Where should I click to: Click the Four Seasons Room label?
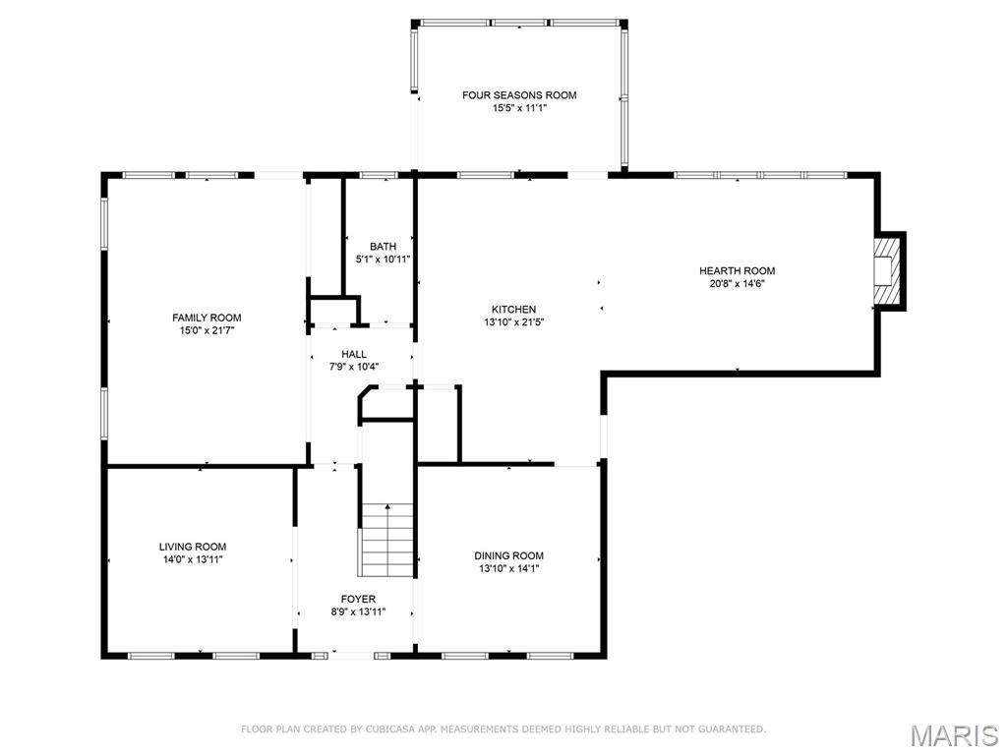pyautogui.click(x=519, y=95)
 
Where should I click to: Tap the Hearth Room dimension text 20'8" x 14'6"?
pyautogui.click(x=737, y=284)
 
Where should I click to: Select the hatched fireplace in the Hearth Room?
pyautogui.click(x=888, y=269)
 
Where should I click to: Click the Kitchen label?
pyautogui.click(x=514, y=309)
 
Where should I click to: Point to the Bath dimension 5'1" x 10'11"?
pyautogui.click(x=383, y=260)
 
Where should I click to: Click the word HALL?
pyautogui.click(x=354, y=354)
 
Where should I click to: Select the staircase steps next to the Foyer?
pyautogui.click(x=386, y=540)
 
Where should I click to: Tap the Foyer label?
pyautogui.click(x=358, y=599)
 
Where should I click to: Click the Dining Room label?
pyautogui.click(x=508, y=555)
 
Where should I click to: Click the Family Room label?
pyautogui.click(x=207, y=318)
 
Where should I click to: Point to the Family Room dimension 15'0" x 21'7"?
pyautogui.click(x=207, y=330)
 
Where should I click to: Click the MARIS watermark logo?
pyautogui.click(x=954, y=734)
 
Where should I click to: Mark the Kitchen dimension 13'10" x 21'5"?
pyautogui.click(x=514, y=321)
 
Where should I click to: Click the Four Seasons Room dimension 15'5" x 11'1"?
pyautogui.click(x=519, y=108)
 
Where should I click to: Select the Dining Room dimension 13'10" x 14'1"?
pyautogui.click(x=508, y=568)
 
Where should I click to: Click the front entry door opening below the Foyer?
pyautogui.click(x=353, y=654)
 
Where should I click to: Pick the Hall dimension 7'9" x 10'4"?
pyautogui.click(x=354, y=367)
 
